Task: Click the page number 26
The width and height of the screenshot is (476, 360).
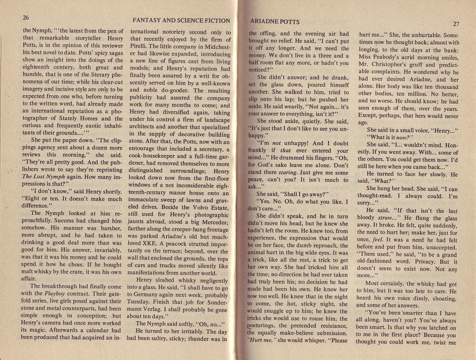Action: (27, 17)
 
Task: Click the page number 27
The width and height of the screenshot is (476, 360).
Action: (456, 24)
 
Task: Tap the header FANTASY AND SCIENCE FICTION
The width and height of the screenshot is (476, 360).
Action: (181, 21)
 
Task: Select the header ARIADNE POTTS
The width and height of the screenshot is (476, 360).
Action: (275, 22)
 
